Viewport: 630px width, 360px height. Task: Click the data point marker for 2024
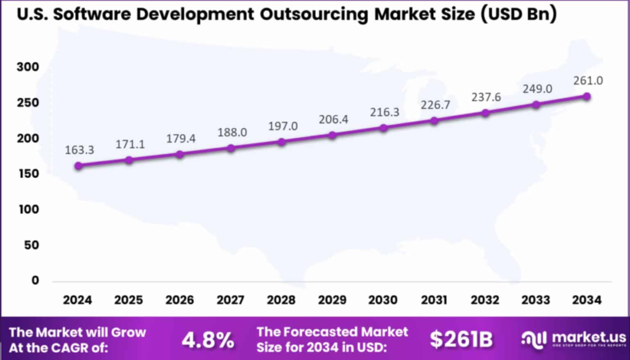point(78,166)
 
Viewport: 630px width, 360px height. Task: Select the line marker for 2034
point(587,97)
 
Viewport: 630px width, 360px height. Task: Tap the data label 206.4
point(332,119)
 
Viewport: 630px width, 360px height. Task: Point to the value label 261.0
point(587,80)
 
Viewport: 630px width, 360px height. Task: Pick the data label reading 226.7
point(434,105)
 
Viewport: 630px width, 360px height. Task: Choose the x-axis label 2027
point(231,300)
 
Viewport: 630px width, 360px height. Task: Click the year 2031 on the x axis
point(434,300)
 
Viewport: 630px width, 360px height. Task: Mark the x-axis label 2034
point(587,300)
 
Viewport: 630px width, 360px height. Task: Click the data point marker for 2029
point(332,135)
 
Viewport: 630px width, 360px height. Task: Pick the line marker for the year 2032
point(485,113)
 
